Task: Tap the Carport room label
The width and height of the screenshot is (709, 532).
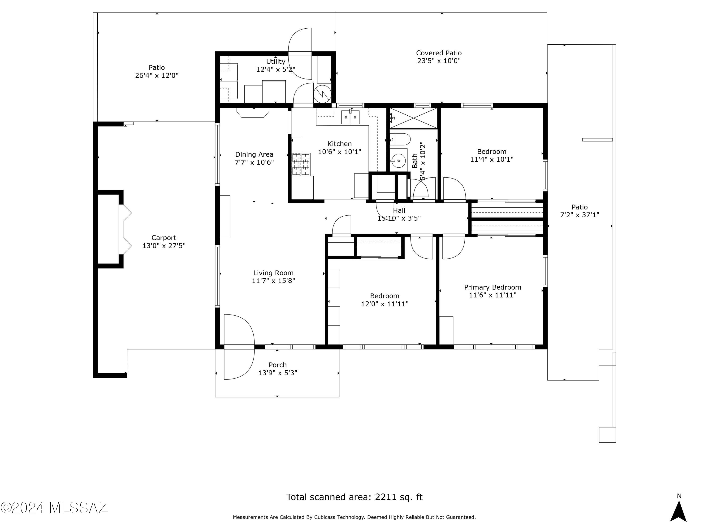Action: [x=164, y=238]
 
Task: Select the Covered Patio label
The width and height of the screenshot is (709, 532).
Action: [x=439, y=53]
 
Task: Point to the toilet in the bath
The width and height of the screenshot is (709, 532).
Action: [x=401, y=140]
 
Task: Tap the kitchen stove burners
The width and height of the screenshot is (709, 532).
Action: [x=301, y=164]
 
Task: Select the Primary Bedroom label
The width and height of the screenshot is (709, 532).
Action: [x=493, y=287]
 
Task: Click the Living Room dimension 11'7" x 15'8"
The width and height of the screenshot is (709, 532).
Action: [x=273, y=281]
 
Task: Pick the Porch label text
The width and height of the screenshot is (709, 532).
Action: [x=278, y=365]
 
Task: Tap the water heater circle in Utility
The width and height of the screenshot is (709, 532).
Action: [x=322, y=94]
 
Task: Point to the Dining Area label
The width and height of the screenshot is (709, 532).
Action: [x=254, y=155]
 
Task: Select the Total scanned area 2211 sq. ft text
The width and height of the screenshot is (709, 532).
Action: [x=354, y=497]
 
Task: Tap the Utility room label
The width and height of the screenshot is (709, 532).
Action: [x=276, y=61]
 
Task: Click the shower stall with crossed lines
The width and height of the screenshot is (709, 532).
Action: [x=414, y=118]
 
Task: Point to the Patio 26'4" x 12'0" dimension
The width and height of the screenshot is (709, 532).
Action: [x=157, y=76]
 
